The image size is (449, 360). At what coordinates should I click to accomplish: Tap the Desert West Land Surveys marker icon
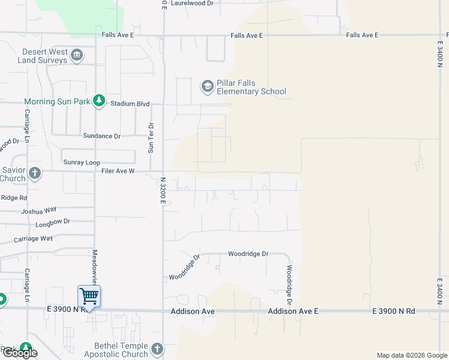point(77,56)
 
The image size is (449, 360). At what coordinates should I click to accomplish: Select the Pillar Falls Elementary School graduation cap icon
point(208,86)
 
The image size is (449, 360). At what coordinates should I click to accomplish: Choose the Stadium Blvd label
point(130,104)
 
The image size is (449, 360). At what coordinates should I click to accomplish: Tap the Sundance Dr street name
point(101,136)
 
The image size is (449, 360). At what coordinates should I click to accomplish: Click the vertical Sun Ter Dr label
point(151,137)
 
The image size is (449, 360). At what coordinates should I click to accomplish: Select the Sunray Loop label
point(82,163)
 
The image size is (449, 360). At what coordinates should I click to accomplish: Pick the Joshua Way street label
point(38,211)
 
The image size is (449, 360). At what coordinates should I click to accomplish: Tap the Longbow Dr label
point(53,222)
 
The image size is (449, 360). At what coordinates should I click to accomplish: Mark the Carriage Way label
point(34,239)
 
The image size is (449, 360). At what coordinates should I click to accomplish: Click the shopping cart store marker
point(89,295)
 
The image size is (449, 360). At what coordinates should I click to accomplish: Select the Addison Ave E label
point(293,311)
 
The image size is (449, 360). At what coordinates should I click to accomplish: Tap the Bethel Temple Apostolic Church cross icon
point(157,348)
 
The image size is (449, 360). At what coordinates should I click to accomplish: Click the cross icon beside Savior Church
point(35,173)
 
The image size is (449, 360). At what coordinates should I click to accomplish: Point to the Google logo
point(19,353)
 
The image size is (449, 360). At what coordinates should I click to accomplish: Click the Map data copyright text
point(411,355)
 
